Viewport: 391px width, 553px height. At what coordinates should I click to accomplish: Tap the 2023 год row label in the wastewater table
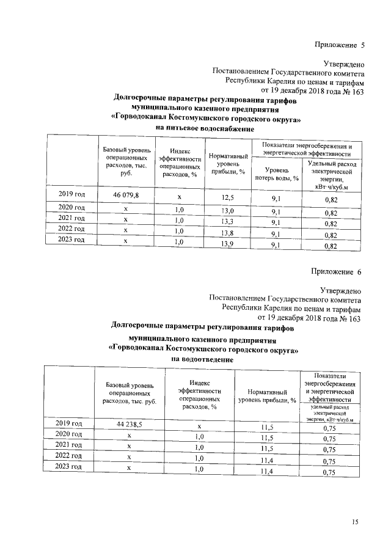point(68,467)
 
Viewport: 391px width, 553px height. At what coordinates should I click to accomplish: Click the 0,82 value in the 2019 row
point(331,200)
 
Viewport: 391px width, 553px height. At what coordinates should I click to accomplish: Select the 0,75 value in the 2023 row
point(329,472)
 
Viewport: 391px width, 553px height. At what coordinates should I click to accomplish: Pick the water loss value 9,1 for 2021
point(276,223)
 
